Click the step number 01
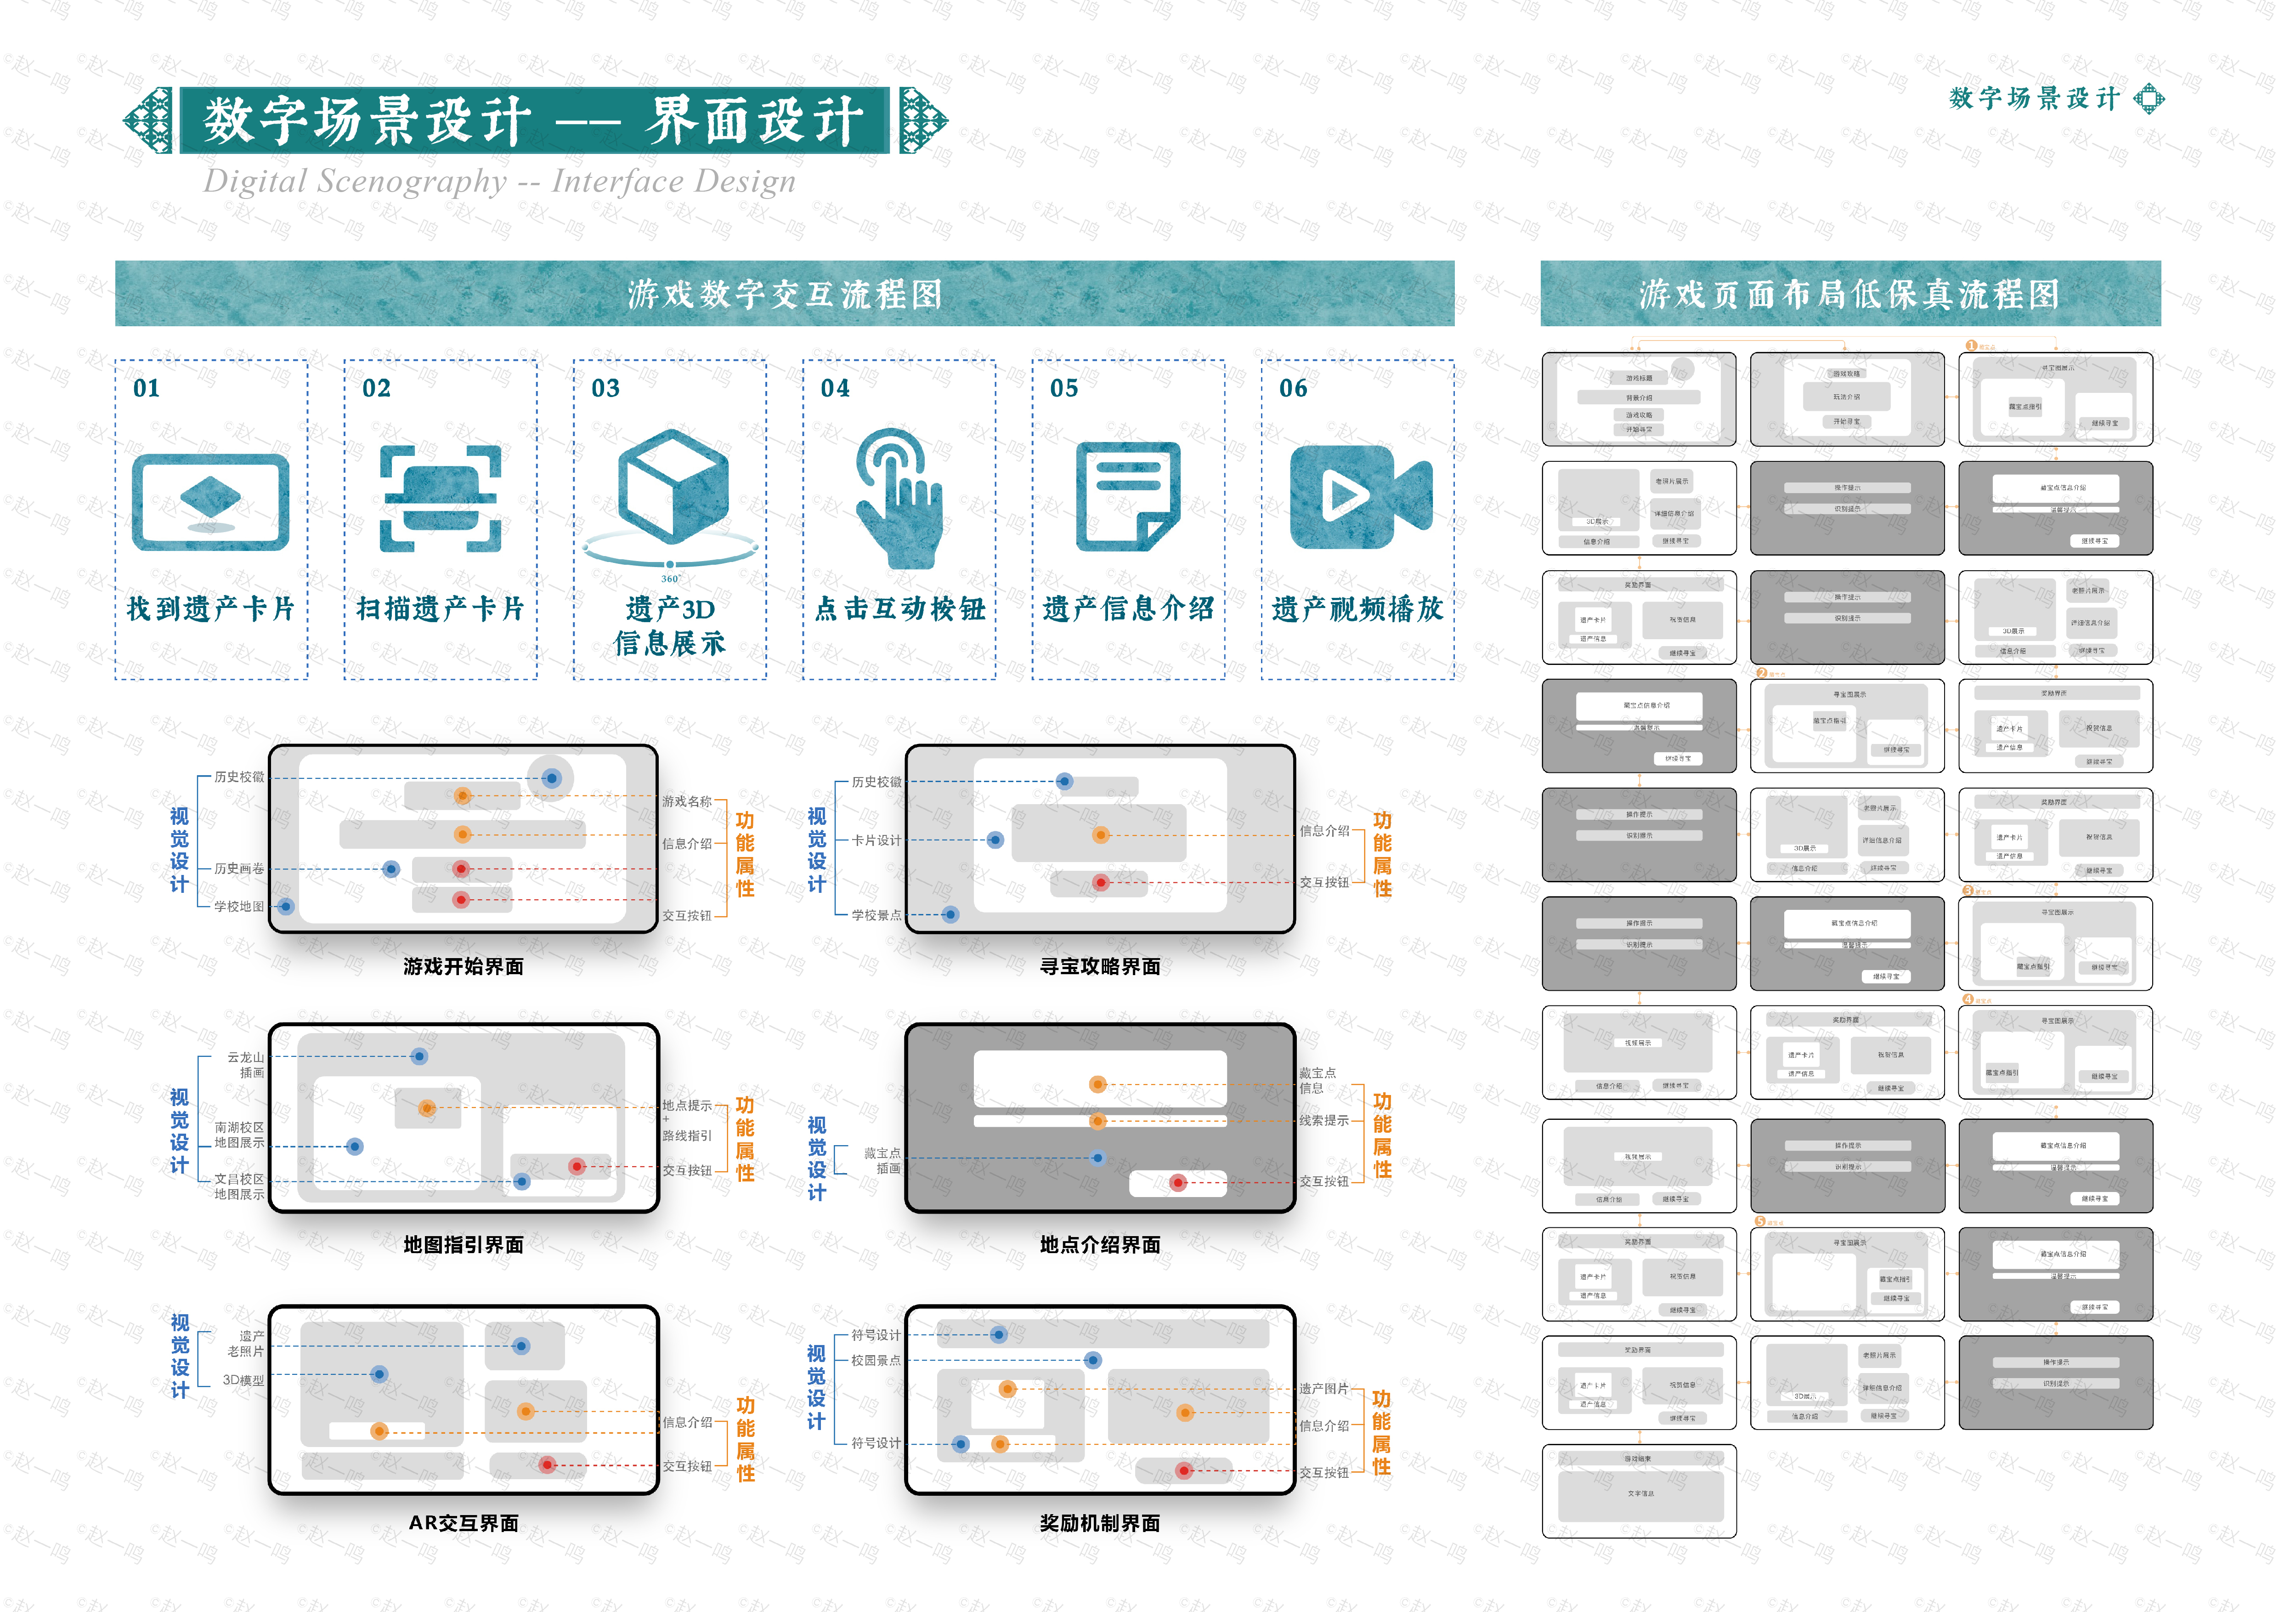pyautogui.click(x=146, y=388)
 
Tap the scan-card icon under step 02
pyautogui.click(x=441, y=498)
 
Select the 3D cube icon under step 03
pyautogui.click(x=672, y=488)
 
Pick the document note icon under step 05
pyautogui.click(x=1129, y=496)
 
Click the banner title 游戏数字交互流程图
pyautogui.click(x=784, y=294)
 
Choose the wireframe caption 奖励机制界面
pyautogui.click(x=1100, y=1523)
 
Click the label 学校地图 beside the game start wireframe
pyautogui.click(x=239, y=906)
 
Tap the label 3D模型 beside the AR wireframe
pyautogui.click(x=243, y=1380)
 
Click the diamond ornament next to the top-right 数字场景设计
pyautogui.click(x=2149, y=98)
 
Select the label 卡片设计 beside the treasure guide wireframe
pyautogui.click(x=877, y=840)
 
